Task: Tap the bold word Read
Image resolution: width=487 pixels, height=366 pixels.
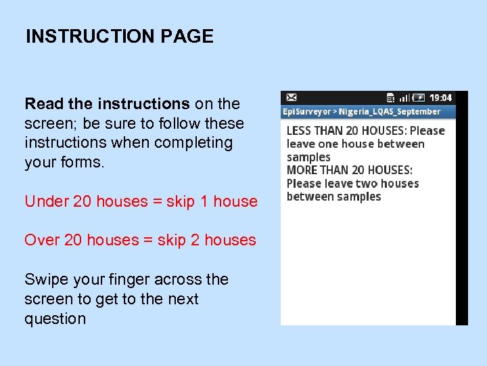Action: [44, 104]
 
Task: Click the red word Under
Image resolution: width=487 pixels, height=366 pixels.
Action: [42, 201]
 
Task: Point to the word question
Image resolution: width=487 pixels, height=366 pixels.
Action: [55, 319]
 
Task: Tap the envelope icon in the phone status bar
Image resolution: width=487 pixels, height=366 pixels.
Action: [292, 98]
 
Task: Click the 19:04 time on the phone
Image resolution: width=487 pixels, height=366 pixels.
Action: [441, 98]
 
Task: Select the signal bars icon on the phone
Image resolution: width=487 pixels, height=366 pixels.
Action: [404, 98]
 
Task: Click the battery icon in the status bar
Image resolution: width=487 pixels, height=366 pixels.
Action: [419, 98]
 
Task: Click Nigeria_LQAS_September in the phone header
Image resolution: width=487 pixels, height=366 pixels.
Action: [389, 112]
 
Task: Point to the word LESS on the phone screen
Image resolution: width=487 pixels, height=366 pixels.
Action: [300, 130]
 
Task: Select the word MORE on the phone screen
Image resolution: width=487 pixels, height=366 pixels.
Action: [302, 170]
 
